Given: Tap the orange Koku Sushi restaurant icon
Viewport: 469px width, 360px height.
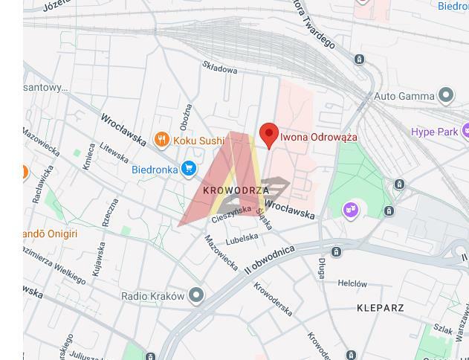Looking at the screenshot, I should (x=161, y=140).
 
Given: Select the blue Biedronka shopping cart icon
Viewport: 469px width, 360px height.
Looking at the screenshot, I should (x=188, y=169).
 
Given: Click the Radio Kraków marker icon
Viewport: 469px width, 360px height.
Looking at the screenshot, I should (x=196, y=295).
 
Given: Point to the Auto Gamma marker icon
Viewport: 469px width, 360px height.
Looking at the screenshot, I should (x=445, y=95).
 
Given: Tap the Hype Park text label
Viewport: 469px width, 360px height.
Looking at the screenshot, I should (x=435, y=132).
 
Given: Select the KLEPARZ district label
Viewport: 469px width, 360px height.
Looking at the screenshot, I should (x=381, y=307).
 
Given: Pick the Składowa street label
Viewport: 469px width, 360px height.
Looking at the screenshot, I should (x=220, y=68).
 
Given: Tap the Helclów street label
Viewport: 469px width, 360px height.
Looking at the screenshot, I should (x=352, y=283).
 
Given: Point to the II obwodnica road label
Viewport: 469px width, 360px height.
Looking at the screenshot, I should (x=269, y=259).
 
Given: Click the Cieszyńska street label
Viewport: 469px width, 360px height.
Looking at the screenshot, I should (x=231, y=214).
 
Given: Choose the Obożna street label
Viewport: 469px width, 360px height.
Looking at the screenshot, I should (x=185, y=116).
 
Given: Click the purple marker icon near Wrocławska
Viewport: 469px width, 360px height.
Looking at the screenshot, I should (x=350, y=210).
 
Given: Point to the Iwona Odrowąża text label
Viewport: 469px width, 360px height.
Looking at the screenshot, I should (x=318, y=137).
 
